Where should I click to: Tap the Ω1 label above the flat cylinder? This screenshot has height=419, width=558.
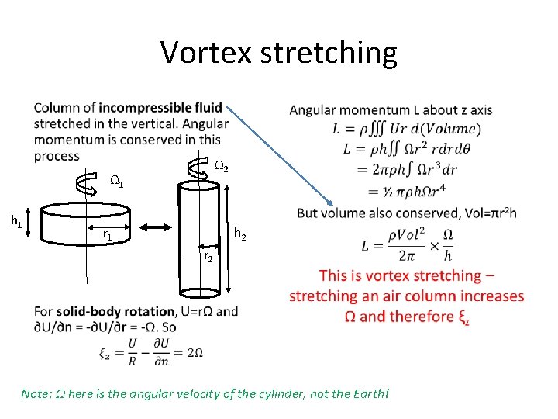click(x=116, y=183)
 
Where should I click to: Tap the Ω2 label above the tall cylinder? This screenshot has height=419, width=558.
click(x=221, y=166)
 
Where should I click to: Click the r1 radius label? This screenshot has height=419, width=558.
click(x=108, y=234)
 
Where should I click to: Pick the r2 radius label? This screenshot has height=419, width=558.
click(x=208, y=256)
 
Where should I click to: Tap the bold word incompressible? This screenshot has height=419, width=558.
click(x=160, y=108)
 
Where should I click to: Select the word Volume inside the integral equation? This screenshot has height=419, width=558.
click(x=458, y=129)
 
